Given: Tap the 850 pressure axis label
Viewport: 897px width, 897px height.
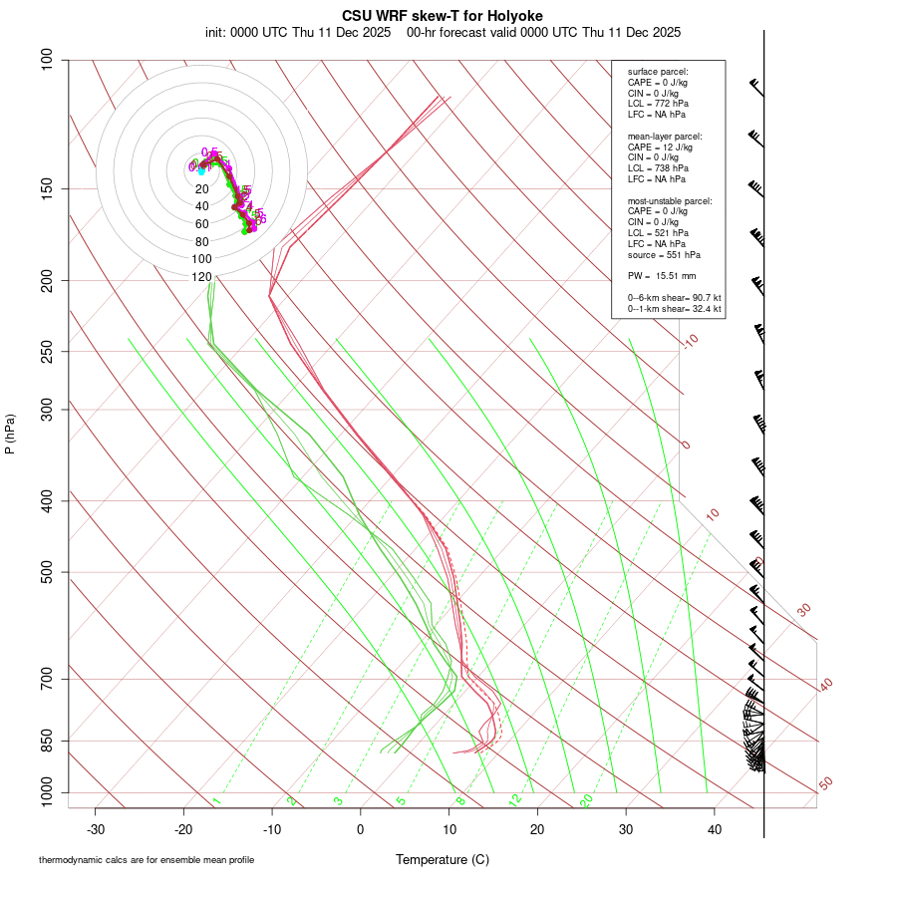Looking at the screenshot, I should click(48, 741).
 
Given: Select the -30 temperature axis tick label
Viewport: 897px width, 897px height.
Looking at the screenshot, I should click(96, 829).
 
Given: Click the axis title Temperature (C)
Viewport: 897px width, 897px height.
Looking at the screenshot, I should click(442, 859).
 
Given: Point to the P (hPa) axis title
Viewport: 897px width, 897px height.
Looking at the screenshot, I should click(10, 435).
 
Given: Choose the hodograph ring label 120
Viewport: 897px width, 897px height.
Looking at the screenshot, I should click(201, 276).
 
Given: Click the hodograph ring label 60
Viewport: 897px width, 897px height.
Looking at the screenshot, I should click(201, 224).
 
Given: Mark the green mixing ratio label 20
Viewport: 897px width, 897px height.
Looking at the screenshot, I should click(587, 800).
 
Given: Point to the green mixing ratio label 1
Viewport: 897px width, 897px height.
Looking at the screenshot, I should click(216, 800).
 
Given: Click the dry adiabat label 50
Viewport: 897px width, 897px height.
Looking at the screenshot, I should click(826, 784).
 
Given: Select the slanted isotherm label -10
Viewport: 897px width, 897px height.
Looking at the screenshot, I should click(689, 341).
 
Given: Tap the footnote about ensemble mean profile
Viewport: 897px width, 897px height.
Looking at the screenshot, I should click(147, 859).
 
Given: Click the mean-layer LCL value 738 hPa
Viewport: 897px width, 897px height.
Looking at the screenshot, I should click(672, 168).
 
